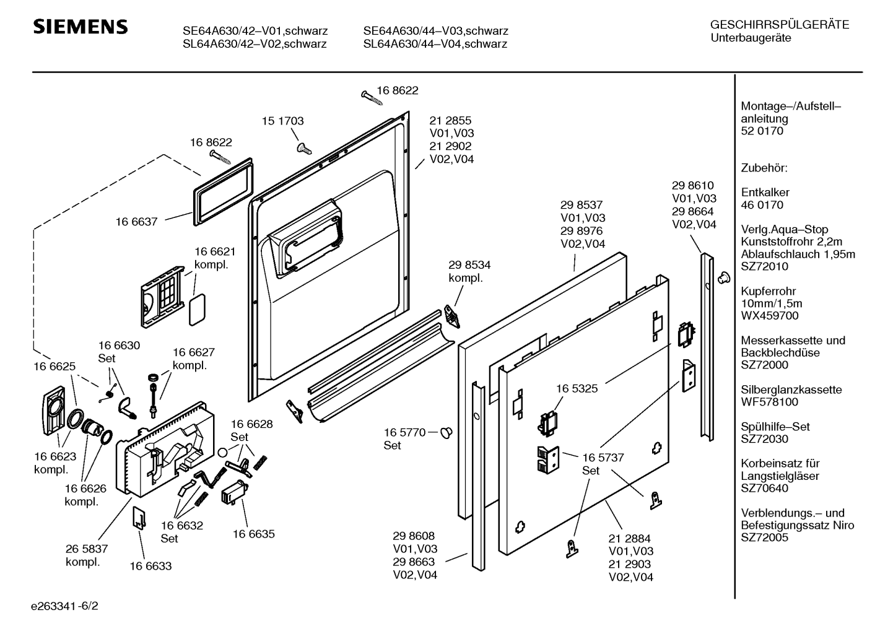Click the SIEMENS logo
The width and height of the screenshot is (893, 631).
tap(81, 27)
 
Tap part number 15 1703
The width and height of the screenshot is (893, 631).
tap(282, 121)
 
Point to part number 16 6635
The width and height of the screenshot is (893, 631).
tap(253, 534)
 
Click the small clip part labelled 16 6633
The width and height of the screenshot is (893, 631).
tap(139, 518)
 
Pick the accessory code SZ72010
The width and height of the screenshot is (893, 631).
tap(764, 267)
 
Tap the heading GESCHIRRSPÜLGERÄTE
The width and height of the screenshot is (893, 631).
tap(779, 25)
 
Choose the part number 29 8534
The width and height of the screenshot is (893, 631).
tap(469, 265)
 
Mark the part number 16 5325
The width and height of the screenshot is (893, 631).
tap(577, 389)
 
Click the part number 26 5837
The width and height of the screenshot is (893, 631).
tap(87, 549)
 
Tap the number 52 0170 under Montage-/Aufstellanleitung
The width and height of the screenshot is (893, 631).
tap(762, 131)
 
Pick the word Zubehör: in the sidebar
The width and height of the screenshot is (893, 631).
tap(764, 168)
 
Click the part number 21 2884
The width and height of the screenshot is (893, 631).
tap(629, 539)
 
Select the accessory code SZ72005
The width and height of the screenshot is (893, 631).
tap(764, 537)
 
